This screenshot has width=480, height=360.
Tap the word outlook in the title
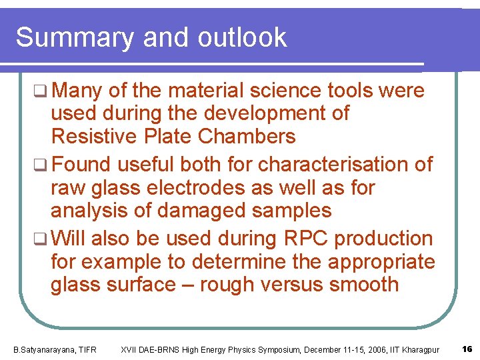click(x=242, y=38)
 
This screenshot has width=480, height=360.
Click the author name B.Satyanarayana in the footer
click(x=44, y=350)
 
